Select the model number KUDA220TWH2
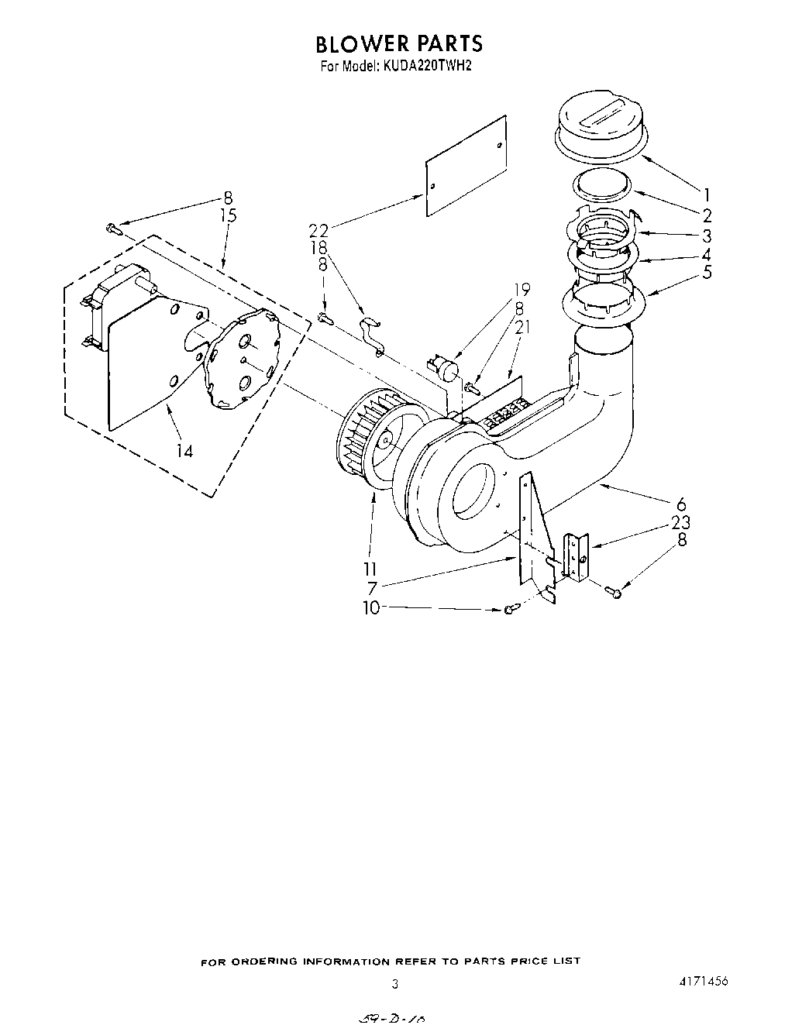tap(425, 66)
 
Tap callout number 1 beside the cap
tap(706, 195)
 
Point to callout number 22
tap(318, 230)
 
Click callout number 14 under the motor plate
tap(184, 451)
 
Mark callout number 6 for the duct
tap(681, 505)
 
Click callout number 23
tap(681, 522)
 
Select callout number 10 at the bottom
tap(371, 608)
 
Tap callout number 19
tap(522, 290)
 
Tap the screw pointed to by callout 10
tap(509, 611)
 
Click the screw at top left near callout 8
tap(113, 228)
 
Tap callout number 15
tap(228, 216)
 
